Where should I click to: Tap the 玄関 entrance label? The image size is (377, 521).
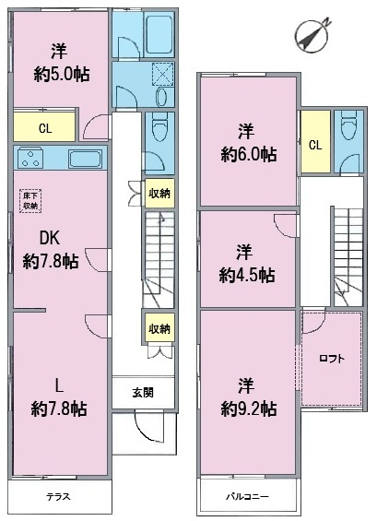point(143,392)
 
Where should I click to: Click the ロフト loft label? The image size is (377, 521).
point(333,360)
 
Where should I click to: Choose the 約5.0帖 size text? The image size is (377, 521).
point(58,76)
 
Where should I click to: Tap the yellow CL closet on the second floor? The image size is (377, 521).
point(315,145)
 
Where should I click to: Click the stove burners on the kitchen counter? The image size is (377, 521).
point(30,158)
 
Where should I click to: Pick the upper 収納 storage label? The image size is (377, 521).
point(158,193)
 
